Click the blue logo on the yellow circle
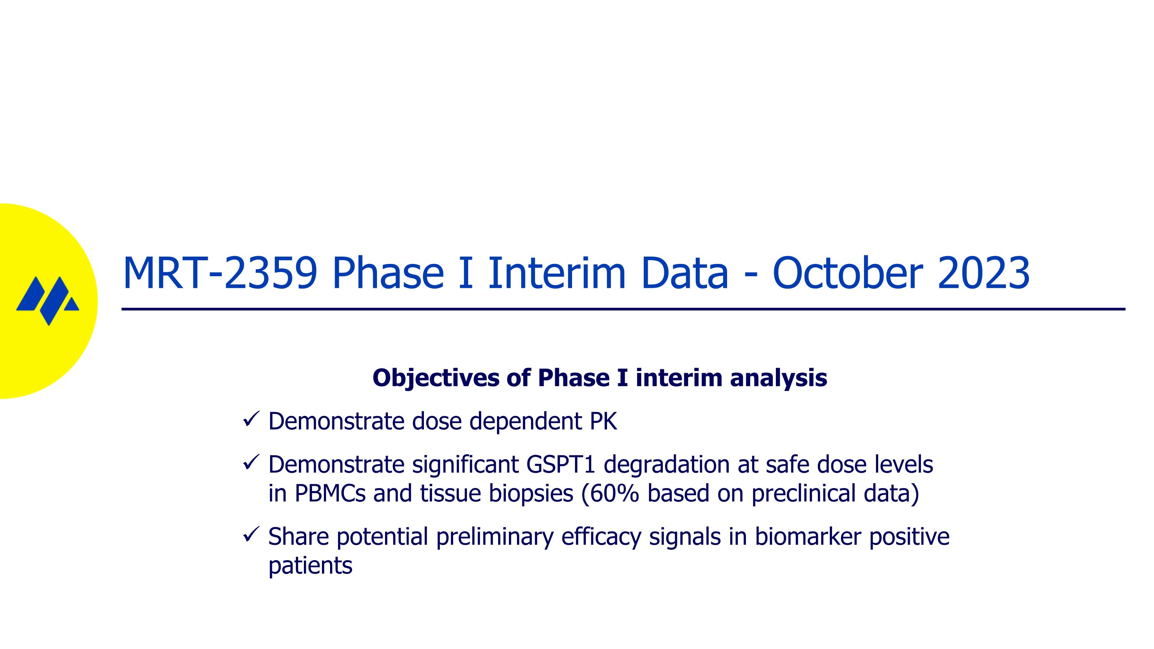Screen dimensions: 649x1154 click(47, 300)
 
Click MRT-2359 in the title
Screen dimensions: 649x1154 click(220, 273)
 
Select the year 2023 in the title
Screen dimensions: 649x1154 click(983, 273)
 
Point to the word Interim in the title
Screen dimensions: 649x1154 click(556, 273)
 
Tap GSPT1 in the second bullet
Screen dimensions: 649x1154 click(560, 464)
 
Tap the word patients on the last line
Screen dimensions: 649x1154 click(310, 566)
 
